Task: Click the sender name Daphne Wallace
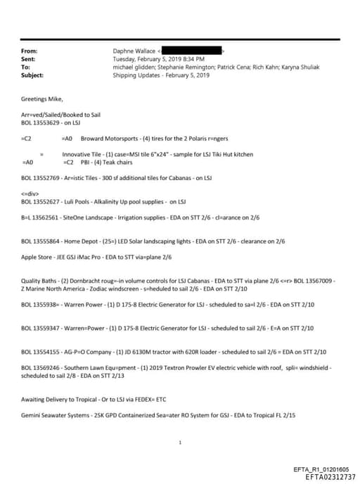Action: pos(135,51)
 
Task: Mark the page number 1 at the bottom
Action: pos(181,442)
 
